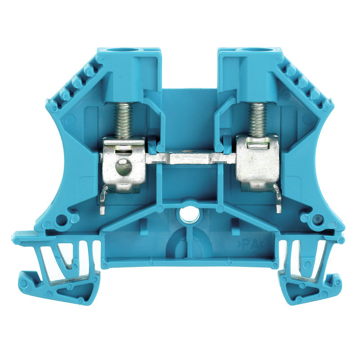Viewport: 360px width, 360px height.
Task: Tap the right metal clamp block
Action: coord(258,161)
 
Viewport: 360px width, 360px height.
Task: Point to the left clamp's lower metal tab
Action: coord(104,201)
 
